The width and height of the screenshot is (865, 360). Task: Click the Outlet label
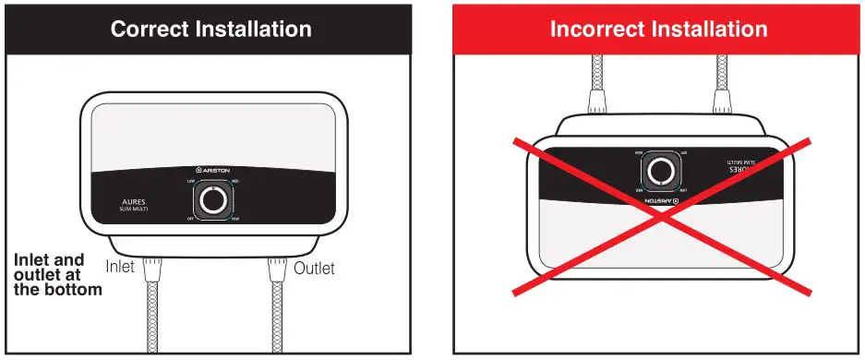point(315,269)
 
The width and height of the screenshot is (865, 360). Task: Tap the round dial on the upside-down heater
point(660,172)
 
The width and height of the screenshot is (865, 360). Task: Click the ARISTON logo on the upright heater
point(213,171)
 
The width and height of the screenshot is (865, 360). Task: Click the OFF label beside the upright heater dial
point(190,219)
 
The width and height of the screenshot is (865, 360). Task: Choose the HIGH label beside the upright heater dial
point(236,219)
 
